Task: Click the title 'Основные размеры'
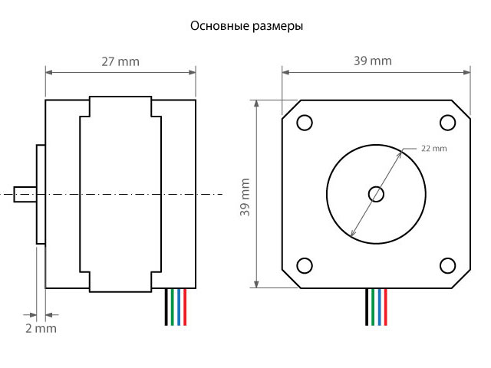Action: point(246,26)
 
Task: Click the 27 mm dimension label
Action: point(120,62)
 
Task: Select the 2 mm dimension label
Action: point(41,329)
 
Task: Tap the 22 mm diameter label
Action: point(434,148)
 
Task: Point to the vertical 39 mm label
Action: point(245,197)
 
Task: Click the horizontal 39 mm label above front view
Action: point(373,61)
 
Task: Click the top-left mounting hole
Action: point(305,123)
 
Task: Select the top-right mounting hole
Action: point(447,123)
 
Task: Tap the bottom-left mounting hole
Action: point(305,266)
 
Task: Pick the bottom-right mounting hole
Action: point(447,266)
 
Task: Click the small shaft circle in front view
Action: point(376,194)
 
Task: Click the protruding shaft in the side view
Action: point(25,194)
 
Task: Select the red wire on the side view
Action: point(185,307)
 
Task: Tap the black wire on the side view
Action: point(166,307)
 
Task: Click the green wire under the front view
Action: point(373,307)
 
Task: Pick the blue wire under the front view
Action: point(380,307)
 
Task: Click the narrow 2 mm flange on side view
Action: point(41,194)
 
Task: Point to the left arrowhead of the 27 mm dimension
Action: point(49,73)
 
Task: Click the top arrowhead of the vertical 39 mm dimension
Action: point(256,104)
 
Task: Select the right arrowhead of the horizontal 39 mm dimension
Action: point(466,72)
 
